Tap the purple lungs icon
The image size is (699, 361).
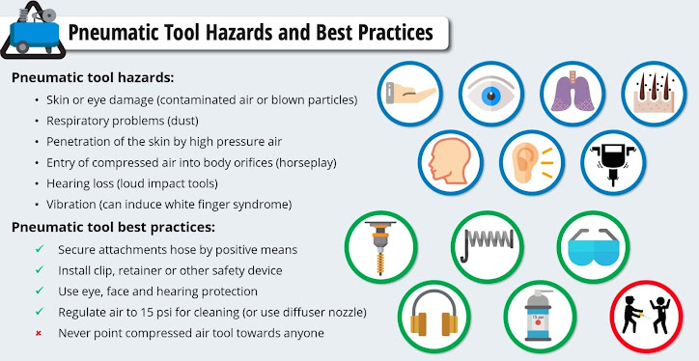(573, 96)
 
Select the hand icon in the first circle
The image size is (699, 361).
(409, 96)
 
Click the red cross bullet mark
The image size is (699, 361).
(38, 333)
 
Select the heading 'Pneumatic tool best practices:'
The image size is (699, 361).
(113, 228)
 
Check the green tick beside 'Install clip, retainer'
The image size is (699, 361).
(38, 270)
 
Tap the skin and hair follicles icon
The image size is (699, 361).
(654, 96)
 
